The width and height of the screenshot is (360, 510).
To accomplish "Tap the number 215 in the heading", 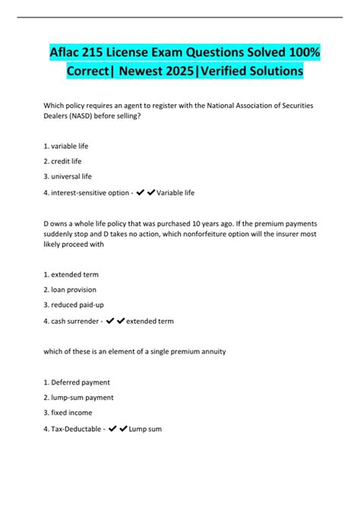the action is click(111, 51).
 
